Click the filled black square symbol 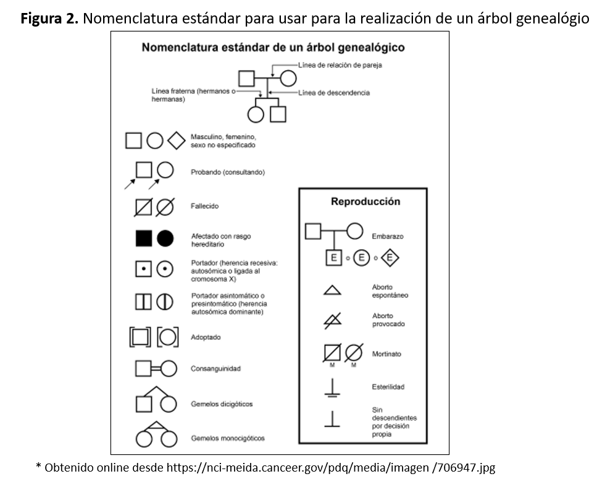144,238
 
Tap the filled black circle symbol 165,238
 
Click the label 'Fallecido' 204,206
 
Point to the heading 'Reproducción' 365,201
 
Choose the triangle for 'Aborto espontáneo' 332,290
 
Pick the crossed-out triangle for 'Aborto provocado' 332,320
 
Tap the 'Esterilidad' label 388,387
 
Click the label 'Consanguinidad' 215,369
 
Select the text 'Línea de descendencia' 334,93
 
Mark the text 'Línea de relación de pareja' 340,65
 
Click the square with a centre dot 144,269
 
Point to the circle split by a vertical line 164,302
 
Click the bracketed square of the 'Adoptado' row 140,337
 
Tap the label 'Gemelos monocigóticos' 227,438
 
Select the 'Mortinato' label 386,354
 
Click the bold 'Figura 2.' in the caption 49,19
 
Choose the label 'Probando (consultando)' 227,172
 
